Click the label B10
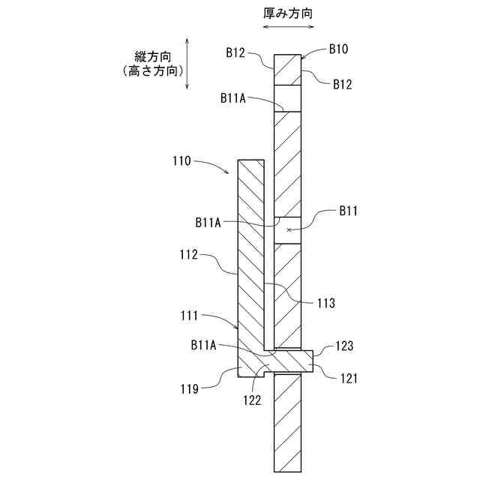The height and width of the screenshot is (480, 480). [338, 49]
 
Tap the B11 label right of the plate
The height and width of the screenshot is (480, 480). [347, 211]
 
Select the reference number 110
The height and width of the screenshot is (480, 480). [181, 160]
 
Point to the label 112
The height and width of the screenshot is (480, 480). [188, 255]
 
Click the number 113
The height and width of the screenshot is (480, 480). [325, 303]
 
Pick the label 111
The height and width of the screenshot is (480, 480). [188, 316]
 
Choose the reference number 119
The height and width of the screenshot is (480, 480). [188, 388]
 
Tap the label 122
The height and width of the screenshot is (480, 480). [251, 400]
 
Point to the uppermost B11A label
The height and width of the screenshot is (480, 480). [235, 97]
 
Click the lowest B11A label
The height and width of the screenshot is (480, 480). [203, 345]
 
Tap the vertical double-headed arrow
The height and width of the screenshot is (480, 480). [187, 64]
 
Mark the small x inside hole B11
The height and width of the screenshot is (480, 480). [289, 229]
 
